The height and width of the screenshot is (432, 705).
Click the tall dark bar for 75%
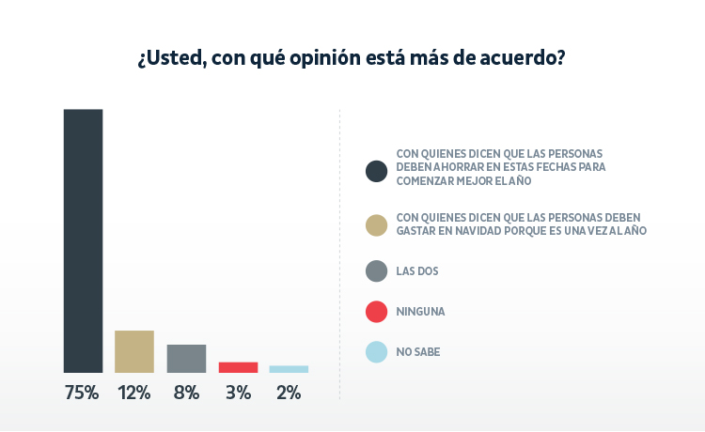tap(83, 240)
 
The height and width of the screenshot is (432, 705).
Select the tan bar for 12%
tap(133, 351)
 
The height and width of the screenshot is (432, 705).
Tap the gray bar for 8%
tap(186, 359)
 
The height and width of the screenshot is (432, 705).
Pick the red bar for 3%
tap(238, 367)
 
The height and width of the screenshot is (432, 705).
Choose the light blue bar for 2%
tap(289, 369)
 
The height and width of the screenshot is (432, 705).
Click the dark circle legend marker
tap(376, 170)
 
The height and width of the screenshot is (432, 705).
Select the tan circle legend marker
tap(376, 225)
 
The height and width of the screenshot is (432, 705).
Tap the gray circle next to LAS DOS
tap(376, 271)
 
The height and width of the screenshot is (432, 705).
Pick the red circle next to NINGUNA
tap(376, 312)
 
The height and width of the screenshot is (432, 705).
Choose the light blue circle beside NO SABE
tap(376, 352)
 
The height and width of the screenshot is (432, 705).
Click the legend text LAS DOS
tap(417, 271)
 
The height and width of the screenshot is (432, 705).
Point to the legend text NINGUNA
tap(420, 312)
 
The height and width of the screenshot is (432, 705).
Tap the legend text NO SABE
tap(418, 352)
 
